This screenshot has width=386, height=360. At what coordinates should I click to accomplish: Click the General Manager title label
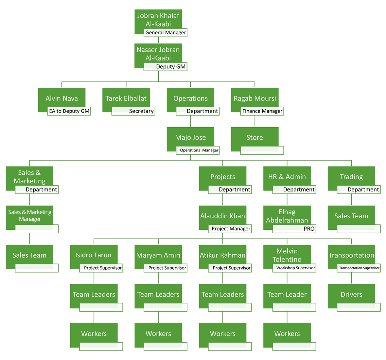[x=166, y=32]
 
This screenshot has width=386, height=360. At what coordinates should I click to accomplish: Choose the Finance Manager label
[x=262, y=111]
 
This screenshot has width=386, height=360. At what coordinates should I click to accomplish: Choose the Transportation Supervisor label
[x=359, y=268]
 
